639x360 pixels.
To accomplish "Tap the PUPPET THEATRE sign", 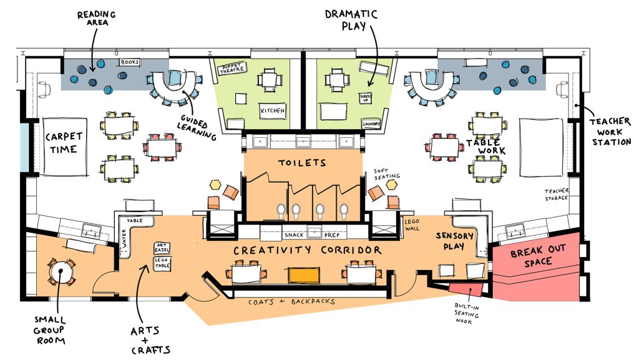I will point(234,69).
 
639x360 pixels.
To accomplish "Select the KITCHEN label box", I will point(272,111).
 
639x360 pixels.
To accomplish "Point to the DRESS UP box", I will point(366,99).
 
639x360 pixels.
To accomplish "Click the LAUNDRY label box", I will point(371,124).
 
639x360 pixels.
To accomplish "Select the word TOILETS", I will point(302,163).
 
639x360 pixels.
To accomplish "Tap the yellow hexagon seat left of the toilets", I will point(215,184).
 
